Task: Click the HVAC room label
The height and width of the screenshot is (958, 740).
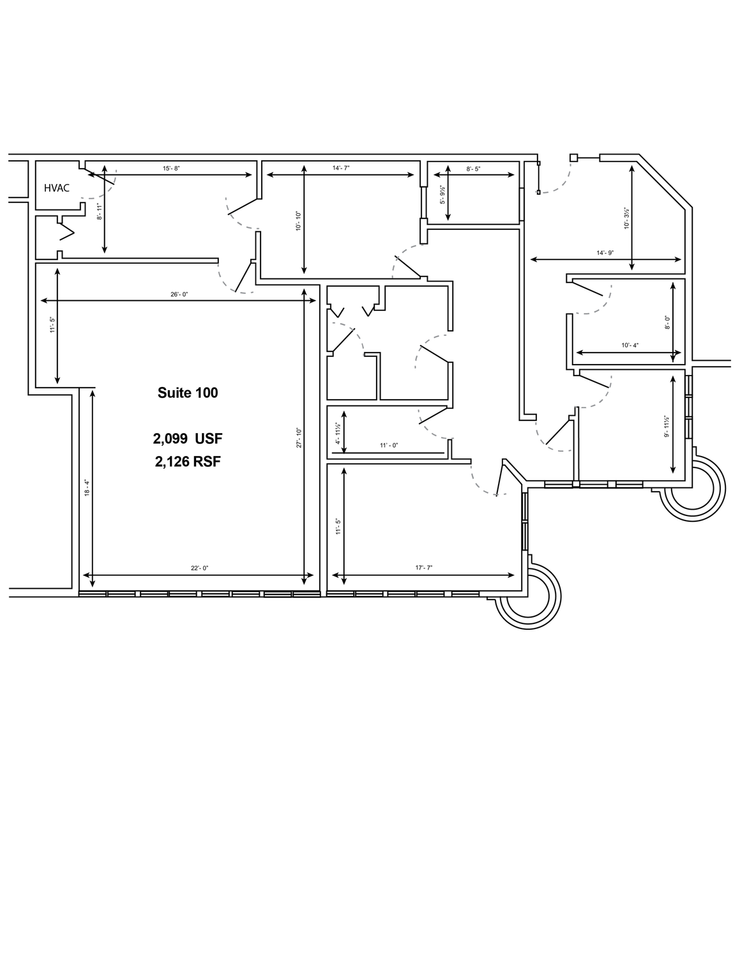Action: tap(56, 188)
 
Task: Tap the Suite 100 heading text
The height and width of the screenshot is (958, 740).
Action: tap(188, 393)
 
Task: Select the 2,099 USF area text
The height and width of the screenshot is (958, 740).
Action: tap(188, 439)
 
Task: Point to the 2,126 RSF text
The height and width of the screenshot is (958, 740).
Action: tap(188, 462)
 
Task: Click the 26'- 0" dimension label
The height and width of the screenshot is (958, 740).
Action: tap(179, 294)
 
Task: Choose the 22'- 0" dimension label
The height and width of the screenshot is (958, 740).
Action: tap(200, 568)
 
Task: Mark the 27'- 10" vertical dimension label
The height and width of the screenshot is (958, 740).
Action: tap(299, 437)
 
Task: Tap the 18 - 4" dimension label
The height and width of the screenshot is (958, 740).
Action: tap(87, 487)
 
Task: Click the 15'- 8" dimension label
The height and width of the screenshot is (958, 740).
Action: tap(172, 169)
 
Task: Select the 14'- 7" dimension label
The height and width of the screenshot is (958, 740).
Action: tap(341, 168)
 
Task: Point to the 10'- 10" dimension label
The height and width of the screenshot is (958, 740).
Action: tap(299, 222)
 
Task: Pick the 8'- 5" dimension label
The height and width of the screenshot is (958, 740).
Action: tap(473, 169)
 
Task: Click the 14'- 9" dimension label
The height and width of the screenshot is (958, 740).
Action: tap(605, 253)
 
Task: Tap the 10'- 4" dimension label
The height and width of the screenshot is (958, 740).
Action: tap(630, 346)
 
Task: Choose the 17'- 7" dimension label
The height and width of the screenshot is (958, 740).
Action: tap(424, 568)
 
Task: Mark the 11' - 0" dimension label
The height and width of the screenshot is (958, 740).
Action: tap(389, 446)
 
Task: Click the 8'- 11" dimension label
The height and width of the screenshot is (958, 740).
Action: tap(100, 211)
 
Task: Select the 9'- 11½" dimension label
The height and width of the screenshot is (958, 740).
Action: tap(667, 427)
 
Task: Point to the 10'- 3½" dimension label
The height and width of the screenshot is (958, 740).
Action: tap(626, 218)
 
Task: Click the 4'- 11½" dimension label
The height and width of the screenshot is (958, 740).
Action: tap(338, 434)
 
